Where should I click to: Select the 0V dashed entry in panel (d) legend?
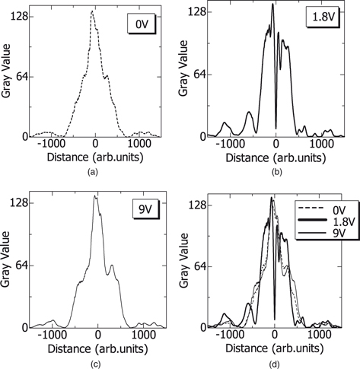tap(323, 207)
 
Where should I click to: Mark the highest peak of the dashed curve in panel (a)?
tap(92, 12)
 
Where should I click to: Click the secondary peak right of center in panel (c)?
tap(112, 266)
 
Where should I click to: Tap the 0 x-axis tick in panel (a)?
tap(95, 143)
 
